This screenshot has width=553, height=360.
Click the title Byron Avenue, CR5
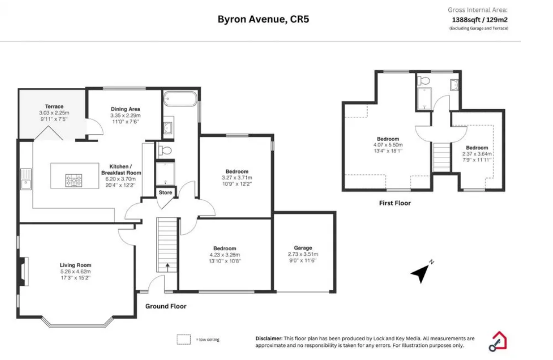[263, 19]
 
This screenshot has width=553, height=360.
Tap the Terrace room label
[54, 106]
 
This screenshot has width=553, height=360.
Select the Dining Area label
[125, 109]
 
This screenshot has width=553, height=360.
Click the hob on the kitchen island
[74, 180]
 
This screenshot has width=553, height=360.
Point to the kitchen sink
[26, 179]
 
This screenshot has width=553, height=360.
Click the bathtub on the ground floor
[180, 99]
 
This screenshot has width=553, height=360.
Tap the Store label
[165, 192]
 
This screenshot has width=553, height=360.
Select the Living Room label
[76, 265]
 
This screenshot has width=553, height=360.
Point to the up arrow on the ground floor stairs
[167, 267]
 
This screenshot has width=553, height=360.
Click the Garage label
[303, 248]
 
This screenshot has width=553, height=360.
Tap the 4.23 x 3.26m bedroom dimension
[225, 255]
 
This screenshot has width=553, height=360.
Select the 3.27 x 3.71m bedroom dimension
[237, 178]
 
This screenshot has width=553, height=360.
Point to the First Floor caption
[395, 203]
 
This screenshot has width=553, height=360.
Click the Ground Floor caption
[166, 306]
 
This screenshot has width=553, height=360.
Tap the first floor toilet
[424, 81]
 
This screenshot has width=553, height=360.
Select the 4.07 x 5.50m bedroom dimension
[388, 145]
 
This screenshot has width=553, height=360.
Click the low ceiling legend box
[184, 339]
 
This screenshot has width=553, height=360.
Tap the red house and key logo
[498, 341]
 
